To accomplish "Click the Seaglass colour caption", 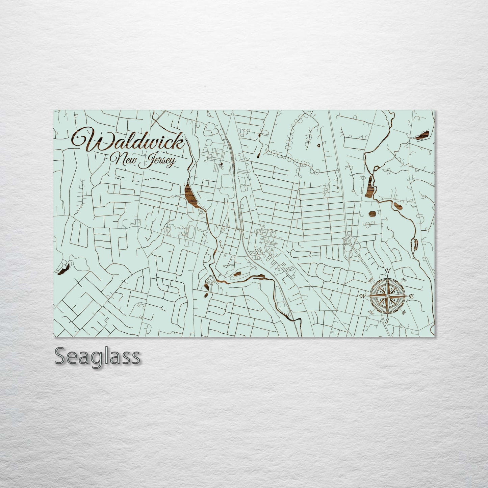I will pos(97,357).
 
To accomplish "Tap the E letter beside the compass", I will pos(411,296).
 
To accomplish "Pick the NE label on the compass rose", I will pos(404,280).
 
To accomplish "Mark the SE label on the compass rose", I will pos(403,312).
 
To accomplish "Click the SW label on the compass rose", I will pos(371,312).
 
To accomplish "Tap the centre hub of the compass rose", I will pos(388,296).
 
